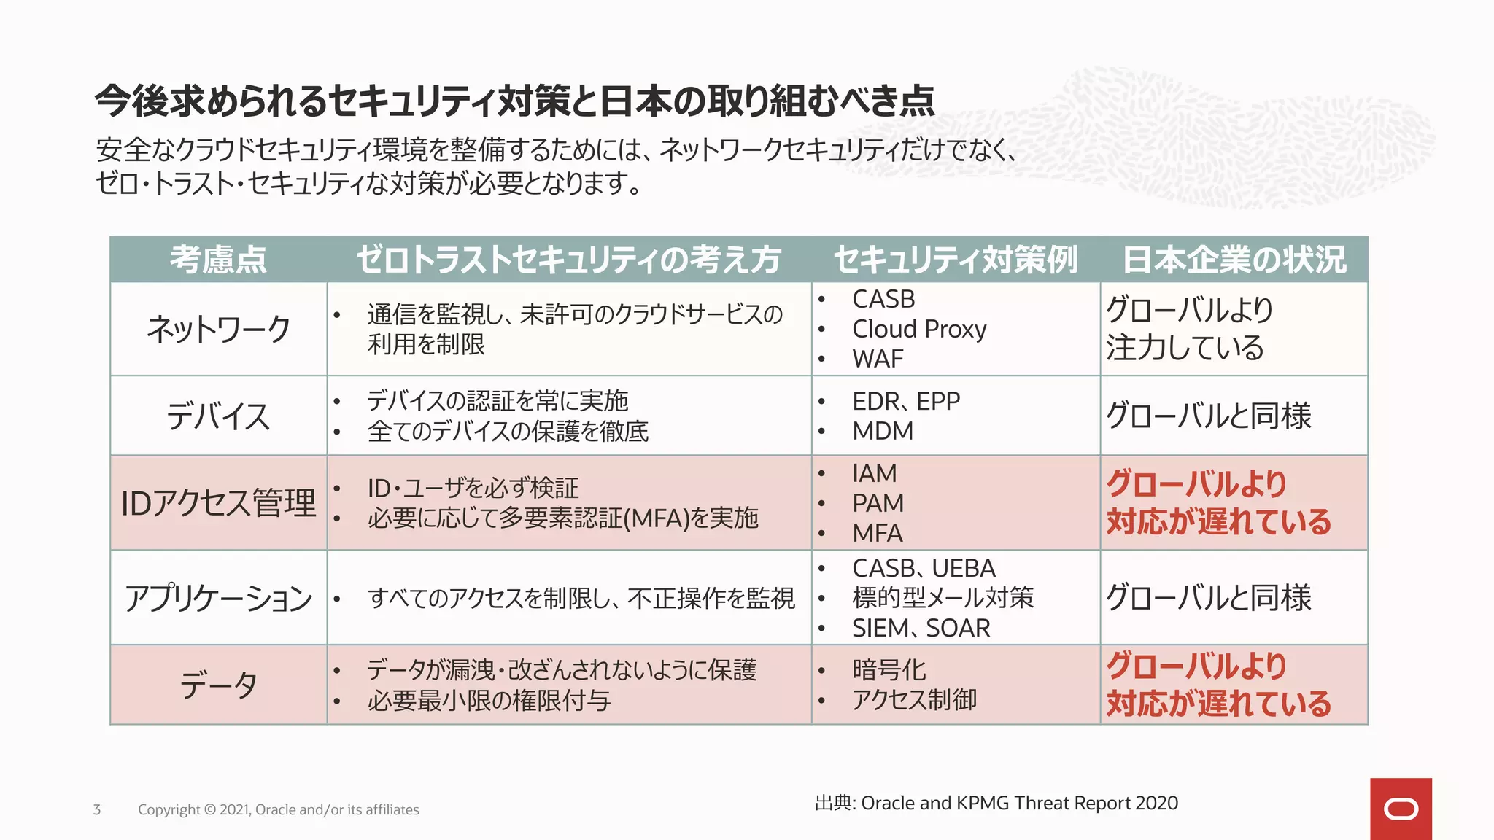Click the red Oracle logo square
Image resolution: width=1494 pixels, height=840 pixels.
click(1400, 809)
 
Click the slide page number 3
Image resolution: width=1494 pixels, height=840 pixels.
click(97, 809)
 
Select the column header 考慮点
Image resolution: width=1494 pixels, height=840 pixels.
click(218, 260)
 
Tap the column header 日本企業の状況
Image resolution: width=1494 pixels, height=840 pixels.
click(1234, 260)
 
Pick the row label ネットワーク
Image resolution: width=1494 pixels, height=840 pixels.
click(218, 329)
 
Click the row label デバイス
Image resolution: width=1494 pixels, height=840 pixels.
click(218, 416)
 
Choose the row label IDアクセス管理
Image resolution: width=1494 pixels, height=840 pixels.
click(218, 503)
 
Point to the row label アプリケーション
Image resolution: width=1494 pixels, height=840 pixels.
click(218, 598)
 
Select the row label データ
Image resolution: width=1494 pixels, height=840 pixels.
click(218, 685)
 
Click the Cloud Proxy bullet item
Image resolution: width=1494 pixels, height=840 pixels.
click(919, 329)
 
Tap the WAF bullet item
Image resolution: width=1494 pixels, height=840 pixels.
click(878, 359)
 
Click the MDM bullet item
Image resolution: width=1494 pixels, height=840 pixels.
click(883, 431)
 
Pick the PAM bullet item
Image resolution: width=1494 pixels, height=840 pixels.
click(878, 503)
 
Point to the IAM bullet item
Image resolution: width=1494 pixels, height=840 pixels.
click(874, 473)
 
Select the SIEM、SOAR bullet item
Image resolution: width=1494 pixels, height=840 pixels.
click(921, 628)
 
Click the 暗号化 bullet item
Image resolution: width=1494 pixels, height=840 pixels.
click(889, 669)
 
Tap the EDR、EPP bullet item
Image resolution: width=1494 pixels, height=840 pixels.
click(905, 401)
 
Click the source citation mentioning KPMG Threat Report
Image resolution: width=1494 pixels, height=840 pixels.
click(996, 803)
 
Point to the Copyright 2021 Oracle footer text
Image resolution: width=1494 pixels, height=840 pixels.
click(278, 809)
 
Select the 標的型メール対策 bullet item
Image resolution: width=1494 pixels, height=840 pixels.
click(943, 598)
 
